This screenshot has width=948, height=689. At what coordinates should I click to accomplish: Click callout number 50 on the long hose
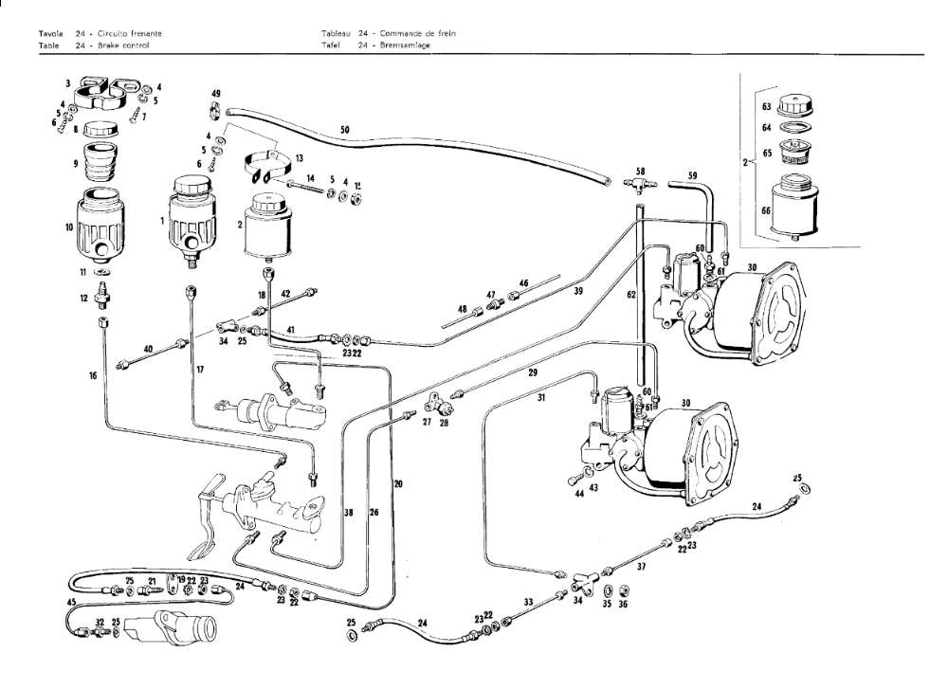point(344,129)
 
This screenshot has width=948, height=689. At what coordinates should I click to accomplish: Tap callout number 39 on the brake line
point(577,292)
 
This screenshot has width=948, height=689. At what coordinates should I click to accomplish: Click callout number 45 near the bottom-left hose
point(71,602)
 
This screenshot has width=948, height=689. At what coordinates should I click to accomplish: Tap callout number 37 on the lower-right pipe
point(642,567)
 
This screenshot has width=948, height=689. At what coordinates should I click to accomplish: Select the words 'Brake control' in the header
point(125,45)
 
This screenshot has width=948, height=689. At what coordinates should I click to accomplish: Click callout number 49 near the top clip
point(216,93)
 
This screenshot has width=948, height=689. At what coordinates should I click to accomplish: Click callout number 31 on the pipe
point(541,398)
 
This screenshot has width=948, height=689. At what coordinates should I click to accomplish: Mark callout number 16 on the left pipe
point(93,376)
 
